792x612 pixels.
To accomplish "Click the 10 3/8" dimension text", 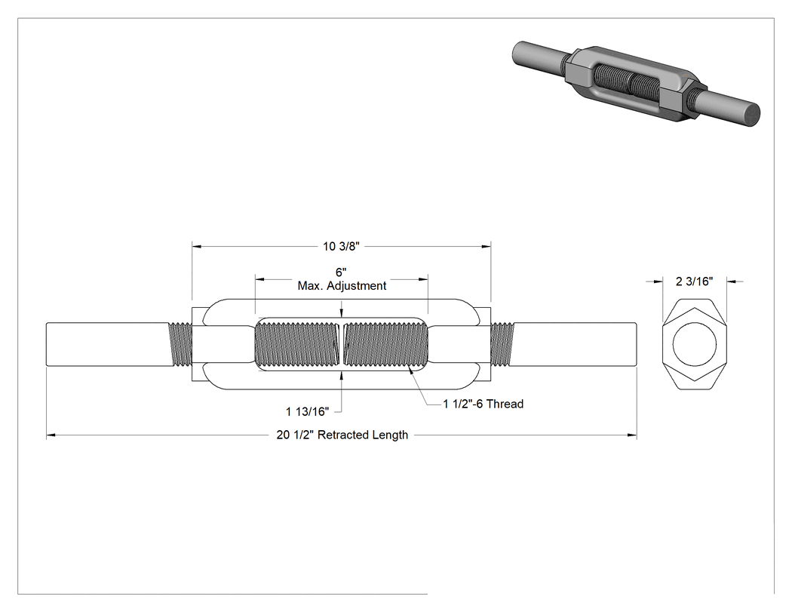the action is pyautogui.click(x=342, y=246).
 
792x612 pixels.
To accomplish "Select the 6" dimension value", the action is pyautogui.click(x=341, y=273).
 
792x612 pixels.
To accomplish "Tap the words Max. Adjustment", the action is pyautogui.click(x=342, y=286).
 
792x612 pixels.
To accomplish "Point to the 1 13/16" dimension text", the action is pyautogui.click(x=307, y=411).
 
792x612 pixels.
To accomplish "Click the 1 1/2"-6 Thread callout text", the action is pyautogui.click(x=483, y=404).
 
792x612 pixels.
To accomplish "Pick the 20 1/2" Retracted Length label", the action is pyautogui.click(x=342, y=435).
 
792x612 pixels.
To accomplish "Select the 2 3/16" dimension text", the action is pyautogui.click(x=695, y=281).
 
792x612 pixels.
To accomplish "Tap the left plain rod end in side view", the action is pyautogui.click(x=109, y=344).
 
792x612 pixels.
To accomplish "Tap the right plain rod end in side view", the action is pyautogui.click(x=573, y=344).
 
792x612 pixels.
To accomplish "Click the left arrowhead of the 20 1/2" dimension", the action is pyautogui.click(x=51, y=435).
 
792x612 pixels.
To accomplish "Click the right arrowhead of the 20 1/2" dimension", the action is pyautogui.click(x=632, y=435).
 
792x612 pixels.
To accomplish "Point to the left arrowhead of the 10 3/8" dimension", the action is pyautogui.click(x=196, y=247).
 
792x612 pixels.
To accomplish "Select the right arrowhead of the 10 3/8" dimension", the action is pyautogui.click(x=487, y=247).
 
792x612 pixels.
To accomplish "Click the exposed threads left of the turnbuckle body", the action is pyautogui.click(x=180, y=344).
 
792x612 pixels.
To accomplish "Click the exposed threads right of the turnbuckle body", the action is pyautogui.click(x=502, y=344).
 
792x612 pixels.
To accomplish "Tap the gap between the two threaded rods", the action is pyautogui.click(x=342, y=344).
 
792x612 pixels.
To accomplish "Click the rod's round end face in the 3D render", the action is pyautogui.click(x=752, y=115).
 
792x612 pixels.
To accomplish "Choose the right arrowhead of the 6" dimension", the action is pyautogui.click(x=424, y=279).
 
